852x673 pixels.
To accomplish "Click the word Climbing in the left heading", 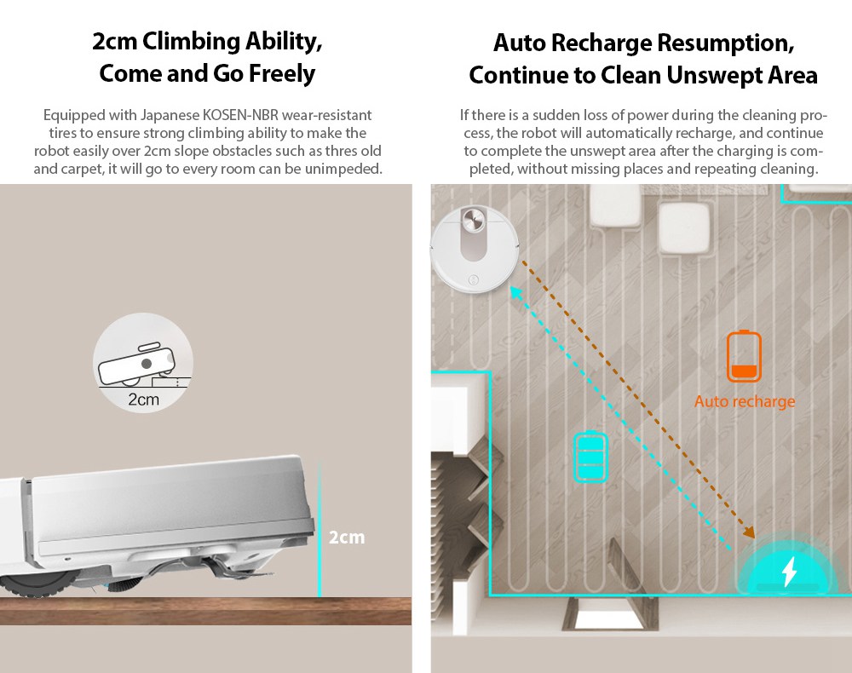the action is click(x=191, y=42).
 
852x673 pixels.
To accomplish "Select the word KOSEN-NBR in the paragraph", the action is click(x=240, y=115).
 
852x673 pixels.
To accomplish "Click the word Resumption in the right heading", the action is click(x=727, y=43).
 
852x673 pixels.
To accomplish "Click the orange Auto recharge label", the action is click(x=745, y=401).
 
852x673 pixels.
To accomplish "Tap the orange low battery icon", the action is click(x=744, y=356).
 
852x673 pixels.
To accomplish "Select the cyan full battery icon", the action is click(x=590, y=457).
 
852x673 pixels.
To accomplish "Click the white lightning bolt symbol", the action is click(x=789, y=571).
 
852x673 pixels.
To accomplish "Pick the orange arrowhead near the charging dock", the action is click(x=750, y=532).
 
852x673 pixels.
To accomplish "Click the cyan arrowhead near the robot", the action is click(x=515, y=292).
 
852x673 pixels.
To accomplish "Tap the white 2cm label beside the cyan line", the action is click(x=347, y=538).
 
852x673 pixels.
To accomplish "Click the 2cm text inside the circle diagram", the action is click(x=143, y=400).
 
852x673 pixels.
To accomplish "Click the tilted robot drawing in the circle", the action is click(x=137, y=364).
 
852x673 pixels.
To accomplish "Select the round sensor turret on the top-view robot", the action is click(x=473, y=219).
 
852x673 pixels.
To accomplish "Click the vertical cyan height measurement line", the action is click(x=319, y=529).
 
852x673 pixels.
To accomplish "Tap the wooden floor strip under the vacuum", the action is click(x=205, y=611).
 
